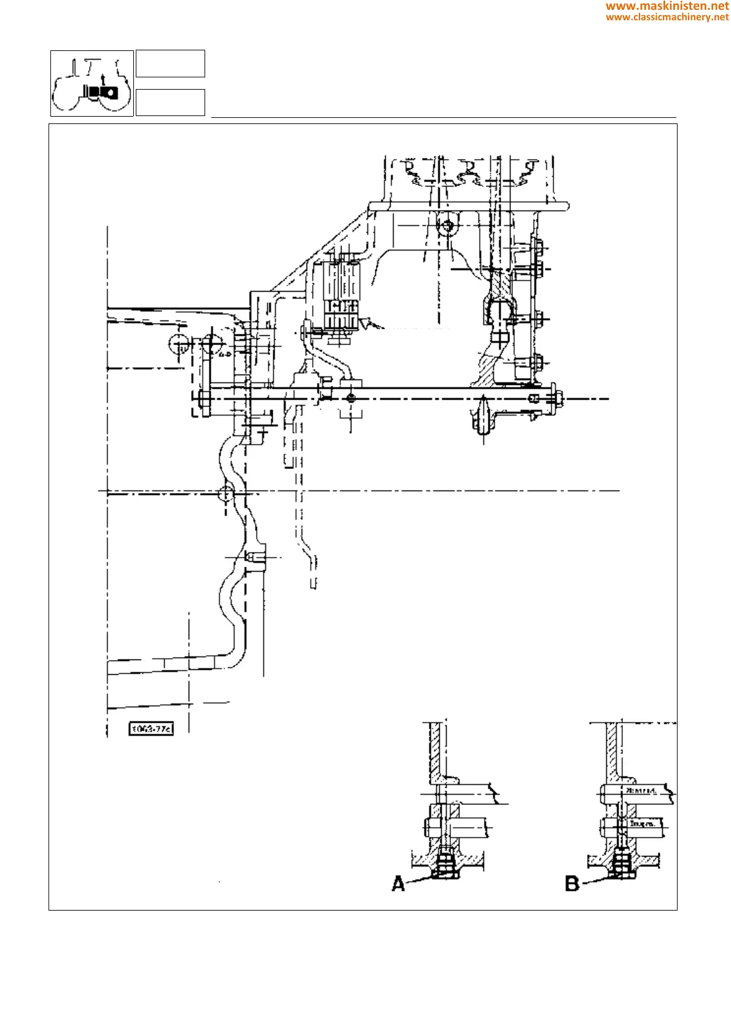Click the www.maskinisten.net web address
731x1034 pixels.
(x=667, y=6)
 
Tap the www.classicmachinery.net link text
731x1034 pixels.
(x=667, y=17)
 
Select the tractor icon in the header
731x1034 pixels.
(x=92, y=84)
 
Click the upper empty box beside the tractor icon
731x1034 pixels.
(x=170, y=64)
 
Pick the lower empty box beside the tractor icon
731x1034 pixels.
(x=170, y=103)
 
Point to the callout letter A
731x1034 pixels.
(x=399, y=884)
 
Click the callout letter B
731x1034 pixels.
(x=572, y=884)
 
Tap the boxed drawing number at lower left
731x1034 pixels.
(x=151, y=729)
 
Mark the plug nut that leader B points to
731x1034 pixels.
(x=622, y=868)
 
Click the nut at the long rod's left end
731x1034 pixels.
(x=205, y=398)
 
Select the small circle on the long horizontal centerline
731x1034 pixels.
(x=227, y=492)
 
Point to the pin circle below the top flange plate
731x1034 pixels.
(x=447, y=226)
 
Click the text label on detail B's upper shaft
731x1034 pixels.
(x=641, y=791)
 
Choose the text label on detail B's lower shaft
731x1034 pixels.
(x=641, y=823)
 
